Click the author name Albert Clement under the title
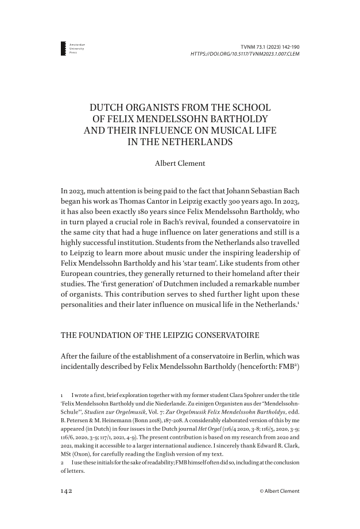(x=180, y=163)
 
